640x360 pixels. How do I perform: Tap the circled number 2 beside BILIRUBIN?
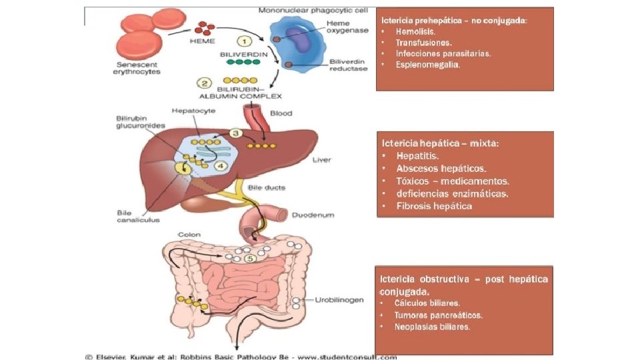205,83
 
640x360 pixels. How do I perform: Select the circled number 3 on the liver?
235,133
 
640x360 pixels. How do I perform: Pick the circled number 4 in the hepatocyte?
219,166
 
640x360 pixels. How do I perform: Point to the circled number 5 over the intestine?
249,258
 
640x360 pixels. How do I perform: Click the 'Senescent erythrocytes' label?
136,68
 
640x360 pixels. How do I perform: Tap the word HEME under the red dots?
203,41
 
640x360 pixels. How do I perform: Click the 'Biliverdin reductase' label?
348,65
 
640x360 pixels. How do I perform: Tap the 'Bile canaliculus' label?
138,217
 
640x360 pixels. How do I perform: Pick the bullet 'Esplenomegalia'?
427,65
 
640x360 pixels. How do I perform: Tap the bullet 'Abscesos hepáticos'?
441,168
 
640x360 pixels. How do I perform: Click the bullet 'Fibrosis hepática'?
434,206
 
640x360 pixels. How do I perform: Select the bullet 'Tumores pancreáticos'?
438,315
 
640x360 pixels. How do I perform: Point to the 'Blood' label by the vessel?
281,113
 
